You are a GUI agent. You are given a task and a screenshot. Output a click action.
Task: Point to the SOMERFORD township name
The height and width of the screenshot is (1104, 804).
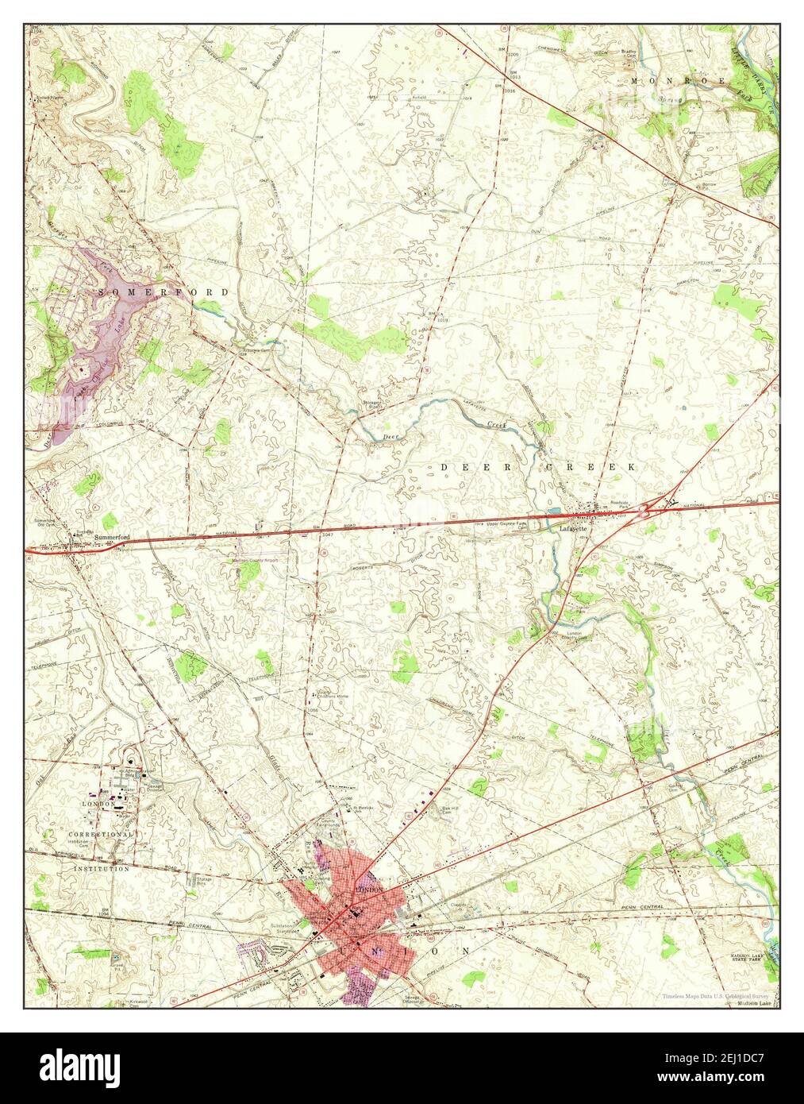[164, 292]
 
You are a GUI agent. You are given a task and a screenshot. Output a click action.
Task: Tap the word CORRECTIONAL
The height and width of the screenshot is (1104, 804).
[99, 835]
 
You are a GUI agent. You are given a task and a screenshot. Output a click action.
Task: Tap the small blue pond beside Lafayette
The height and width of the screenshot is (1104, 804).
[556, 509]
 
